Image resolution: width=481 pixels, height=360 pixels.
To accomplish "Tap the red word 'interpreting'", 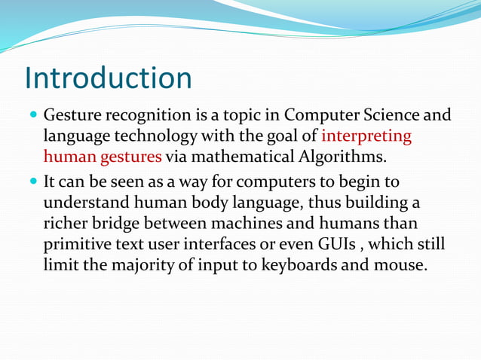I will pos(366,137).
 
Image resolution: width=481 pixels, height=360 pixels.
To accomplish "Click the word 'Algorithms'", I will pos(347,157).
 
